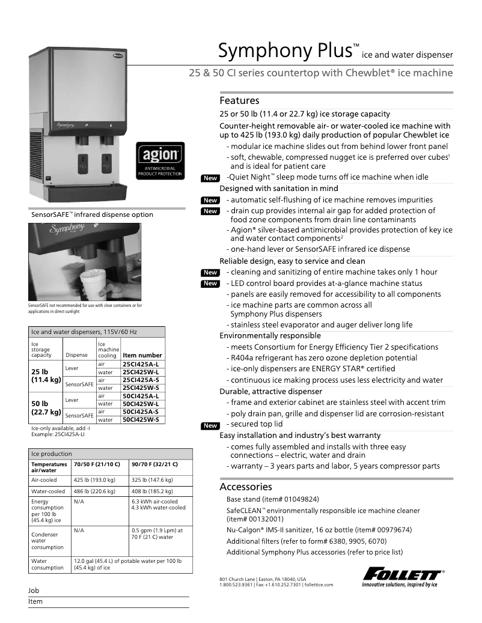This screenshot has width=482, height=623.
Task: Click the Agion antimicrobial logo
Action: click(x=160, y=160)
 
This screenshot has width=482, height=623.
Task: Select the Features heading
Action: click(x=239, y=100)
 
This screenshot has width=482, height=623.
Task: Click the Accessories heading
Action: click(x=246, y=487)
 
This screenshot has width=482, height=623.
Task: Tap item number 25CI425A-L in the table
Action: click(x=140, y=364)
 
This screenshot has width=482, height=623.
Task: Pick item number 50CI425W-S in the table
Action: click(x=140, y=419)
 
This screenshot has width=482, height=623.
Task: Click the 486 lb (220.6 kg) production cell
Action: click(x=96, y=491)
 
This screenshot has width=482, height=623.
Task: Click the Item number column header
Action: click(x=142, y=355)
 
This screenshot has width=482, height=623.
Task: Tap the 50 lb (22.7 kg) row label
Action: click(x=46, y=407)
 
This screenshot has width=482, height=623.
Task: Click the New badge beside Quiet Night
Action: click(x=210, y=178)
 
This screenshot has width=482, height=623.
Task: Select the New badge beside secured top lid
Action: click(x=210, y=425)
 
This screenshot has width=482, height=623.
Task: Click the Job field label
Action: click(x=34, y=591)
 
